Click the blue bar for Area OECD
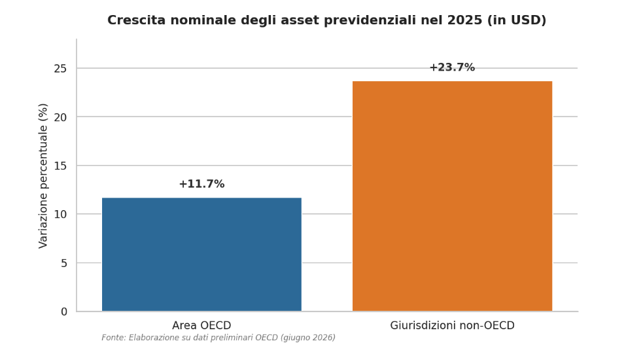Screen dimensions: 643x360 point(201,255)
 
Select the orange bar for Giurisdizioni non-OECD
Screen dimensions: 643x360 point(452,196)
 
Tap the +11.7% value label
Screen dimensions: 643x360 point(201,184)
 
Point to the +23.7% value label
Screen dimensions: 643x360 point(452,67)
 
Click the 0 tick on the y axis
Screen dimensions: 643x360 point(64,312)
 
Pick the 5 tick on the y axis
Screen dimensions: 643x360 point(64,263)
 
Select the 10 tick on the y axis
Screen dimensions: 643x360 point(60,214)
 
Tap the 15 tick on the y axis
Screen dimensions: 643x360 point(60,166)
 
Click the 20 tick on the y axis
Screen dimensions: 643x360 point(60,117)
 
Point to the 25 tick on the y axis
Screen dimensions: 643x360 point(60,69)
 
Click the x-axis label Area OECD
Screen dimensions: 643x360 point(201,325)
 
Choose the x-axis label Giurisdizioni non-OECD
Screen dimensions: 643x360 point(452,325)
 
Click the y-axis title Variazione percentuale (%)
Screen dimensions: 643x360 point(43,175)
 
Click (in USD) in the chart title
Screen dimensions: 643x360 point(517,20)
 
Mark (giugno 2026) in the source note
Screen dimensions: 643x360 point(308,338)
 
